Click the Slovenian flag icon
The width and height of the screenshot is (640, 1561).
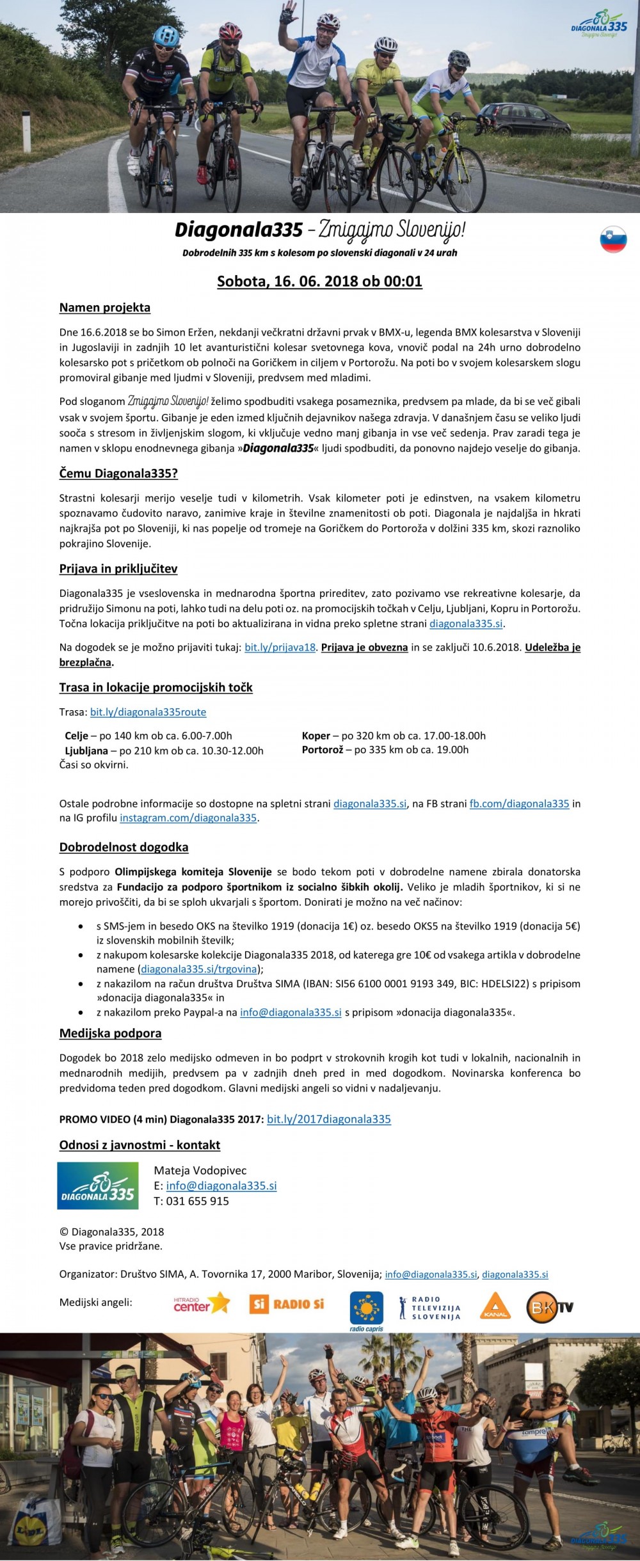613,239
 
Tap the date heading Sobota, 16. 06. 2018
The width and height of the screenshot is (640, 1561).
319,281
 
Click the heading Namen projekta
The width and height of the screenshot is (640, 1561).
105,308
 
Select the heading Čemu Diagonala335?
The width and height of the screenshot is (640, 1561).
118,473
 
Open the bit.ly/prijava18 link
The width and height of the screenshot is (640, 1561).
280,647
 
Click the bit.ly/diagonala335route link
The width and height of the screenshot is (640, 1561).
148,712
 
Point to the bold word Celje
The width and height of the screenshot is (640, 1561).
77,736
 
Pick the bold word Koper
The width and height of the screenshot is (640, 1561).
316,736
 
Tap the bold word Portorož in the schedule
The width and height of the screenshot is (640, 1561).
323,750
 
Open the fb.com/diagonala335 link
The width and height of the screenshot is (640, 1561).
519,804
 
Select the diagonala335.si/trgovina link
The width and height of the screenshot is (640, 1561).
198,969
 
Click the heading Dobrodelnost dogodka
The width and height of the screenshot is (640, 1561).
124,848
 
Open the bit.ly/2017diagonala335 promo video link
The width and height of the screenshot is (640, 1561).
328,1119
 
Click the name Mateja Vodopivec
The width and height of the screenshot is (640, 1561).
200,1171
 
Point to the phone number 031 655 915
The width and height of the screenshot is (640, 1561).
197,1201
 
